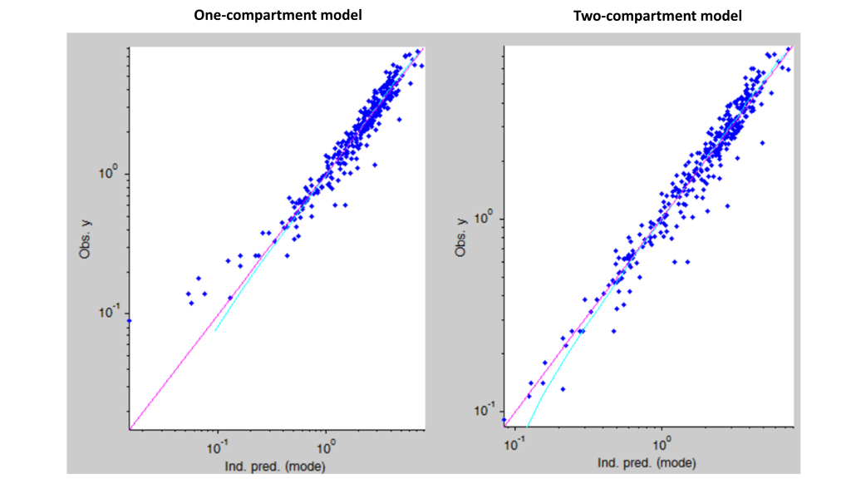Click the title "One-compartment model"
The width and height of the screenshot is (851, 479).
[278, 15]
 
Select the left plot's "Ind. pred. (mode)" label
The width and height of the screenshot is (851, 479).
[277, 466]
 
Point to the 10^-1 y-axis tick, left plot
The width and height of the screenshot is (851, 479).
[110, 313]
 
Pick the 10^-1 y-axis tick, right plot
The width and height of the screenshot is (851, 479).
[484, 410]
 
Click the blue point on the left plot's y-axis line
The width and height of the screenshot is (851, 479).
[129, 320]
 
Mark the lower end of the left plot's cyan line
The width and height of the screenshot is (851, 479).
[215, 332]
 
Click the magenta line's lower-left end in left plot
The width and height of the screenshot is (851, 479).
[130, 429]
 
